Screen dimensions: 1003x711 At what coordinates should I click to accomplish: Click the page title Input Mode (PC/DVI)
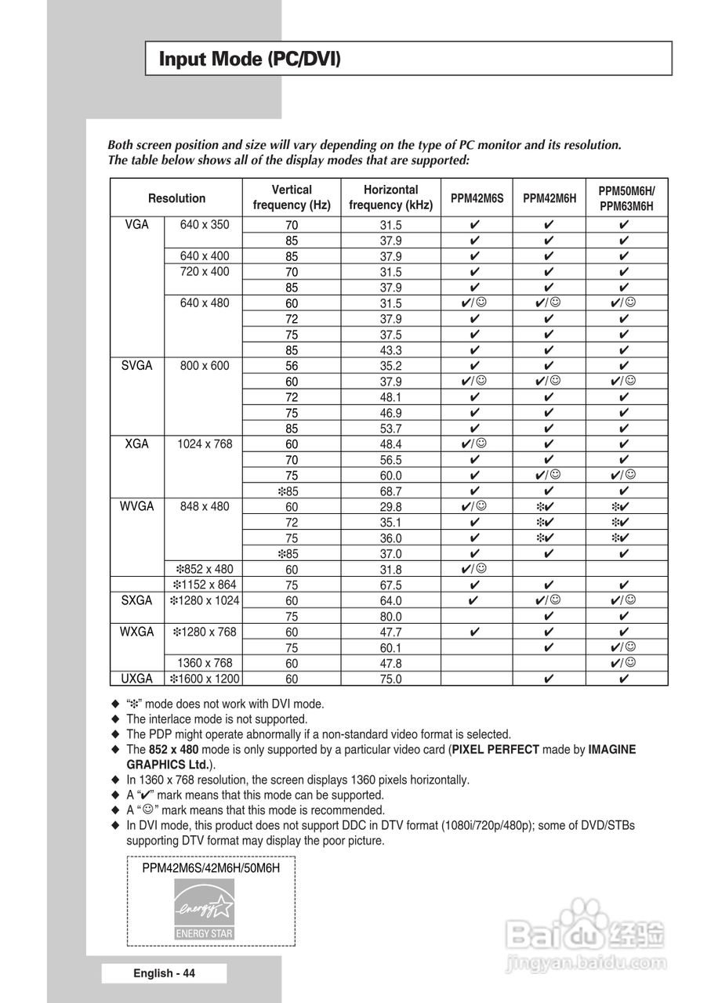click(x=250, y=59)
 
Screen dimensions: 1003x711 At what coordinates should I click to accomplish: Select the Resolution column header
click(x=177, y=198)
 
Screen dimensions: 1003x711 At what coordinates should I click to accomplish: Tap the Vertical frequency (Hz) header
click(x=292, y=197)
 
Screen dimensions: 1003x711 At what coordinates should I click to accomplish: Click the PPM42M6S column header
click(x=477, y=198)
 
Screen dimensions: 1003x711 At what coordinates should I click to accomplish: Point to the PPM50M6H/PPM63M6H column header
click(x=626, y=198)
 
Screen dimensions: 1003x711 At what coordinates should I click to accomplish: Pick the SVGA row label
click(x=137, y=365)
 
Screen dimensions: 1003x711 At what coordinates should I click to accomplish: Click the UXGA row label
click(x=137, y=679)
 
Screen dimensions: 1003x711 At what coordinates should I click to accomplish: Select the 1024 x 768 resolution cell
click(x=205, y=444)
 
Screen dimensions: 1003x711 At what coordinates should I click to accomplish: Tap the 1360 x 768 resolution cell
click(x=205, y=663)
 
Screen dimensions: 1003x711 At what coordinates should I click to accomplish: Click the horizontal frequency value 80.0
click(x=390, y=616)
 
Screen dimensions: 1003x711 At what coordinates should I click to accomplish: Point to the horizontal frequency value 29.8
click(x=390, y=506)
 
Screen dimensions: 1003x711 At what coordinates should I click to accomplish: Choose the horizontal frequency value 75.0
click(x=390, y=679)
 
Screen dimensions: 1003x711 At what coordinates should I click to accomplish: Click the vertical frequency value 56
click(x=292, y=365)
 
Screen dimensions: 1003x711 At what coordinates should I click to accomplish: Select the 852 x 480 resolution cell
click(x=205, y=569)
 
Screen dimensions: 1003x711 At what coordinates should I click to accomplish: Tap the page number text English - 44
click(x=164, y=973)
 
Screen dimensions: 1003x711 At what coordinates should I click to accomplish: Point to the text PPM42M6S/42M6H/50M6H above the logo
click(x=211, y=867)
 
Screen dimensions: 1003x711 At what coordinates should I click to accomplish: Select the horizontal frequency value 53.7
click(x=390, y=428)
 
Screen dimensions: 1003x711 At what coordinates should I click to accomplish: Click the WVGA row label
click(x=137, y=506)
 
